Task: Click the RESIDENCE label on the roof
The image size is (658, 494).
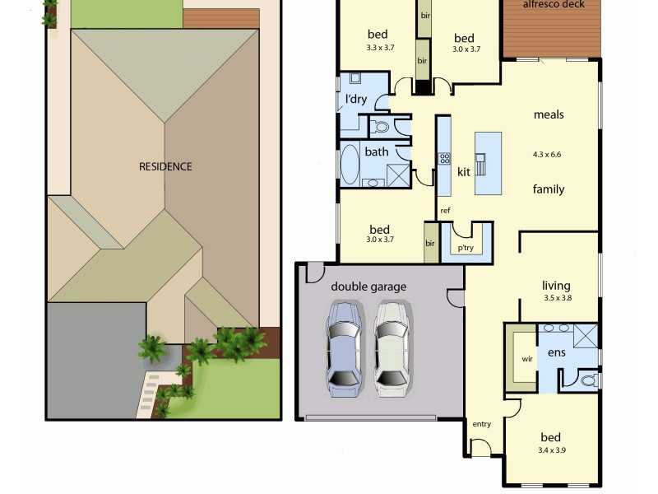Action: click(x=165, y=166)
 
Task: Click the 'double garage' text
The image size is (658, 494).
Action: click(x=368, y=287)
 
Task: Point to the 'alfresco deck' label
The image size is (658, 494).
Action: click(x=554, y=4)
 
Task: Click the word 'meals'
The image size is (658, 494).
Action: click(x=549, y=114)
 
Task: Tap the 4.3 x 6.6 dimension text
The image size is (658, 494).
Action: click(x=547, y=154)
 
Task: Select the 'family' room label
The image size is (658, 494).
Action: click(x=549, y=189)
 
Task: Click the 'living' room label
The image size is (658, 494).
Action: click(x=556, y=285)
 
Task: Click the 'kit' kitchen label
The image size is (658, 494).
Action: click(x=464, y=172)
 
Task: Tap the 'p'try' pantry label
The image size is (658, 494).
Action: click(x=466, y=247)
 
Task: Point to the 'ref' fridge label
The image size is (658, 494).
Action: click(x=445, y=211)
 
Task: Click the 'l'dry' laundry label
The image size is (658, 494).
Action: click(x=356, y=100)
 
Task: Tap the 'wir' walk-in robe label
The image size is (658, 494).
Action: click(x=527, y=359)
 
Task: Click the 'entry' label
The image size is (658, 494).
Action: click(x=481, y=424)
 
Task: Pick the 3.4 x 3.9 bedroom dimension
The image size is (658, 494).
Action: click(x=551, y=450)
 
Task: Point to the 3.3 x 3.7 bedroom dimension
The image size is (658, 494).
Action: click(x=381, y=48)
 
